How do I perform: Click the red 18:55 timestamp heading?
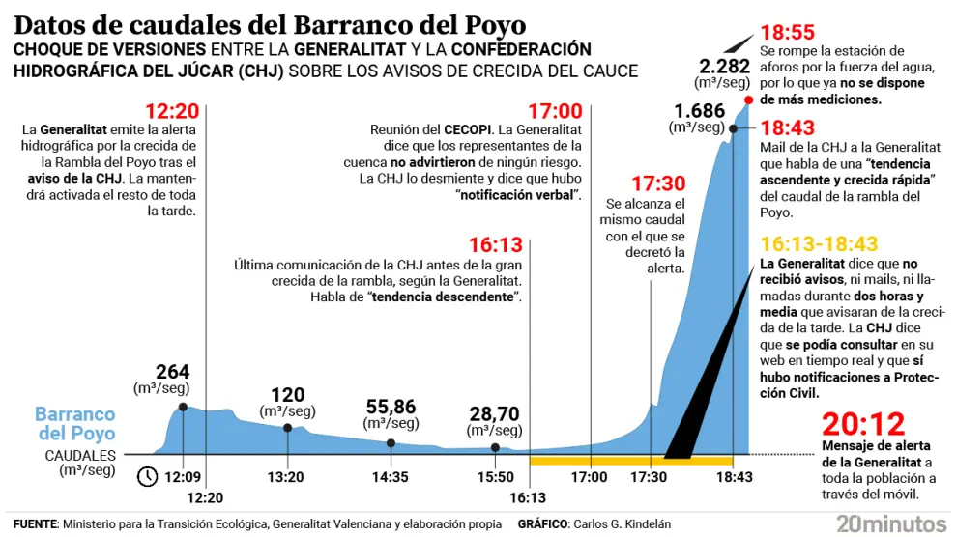[x=788, y=31]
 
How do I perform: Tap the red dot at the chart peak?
[x=748, y=99]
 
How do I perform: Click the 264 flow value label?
[x=172, y=372]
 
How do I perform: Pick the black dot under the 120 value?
[x=287, y=428]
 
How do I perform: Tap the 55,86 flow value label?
[x=391, y=408]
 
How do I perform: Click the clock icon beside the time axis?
[x=148, y=476]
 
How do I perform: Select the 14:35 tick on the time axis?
[x=391, y=477]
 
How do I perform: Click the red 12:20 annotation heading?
[x=171, y=110]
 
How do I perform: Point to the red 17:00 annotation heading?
[x=555, y=110]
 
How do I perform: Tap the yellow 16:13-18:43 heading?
[x=819, y=244]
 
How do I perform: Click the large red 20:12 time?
[x=863, y=424]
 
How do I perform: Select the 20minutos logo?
[x=891, y=523]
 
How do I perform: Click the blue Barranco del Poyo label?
[x=75, y=424]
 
